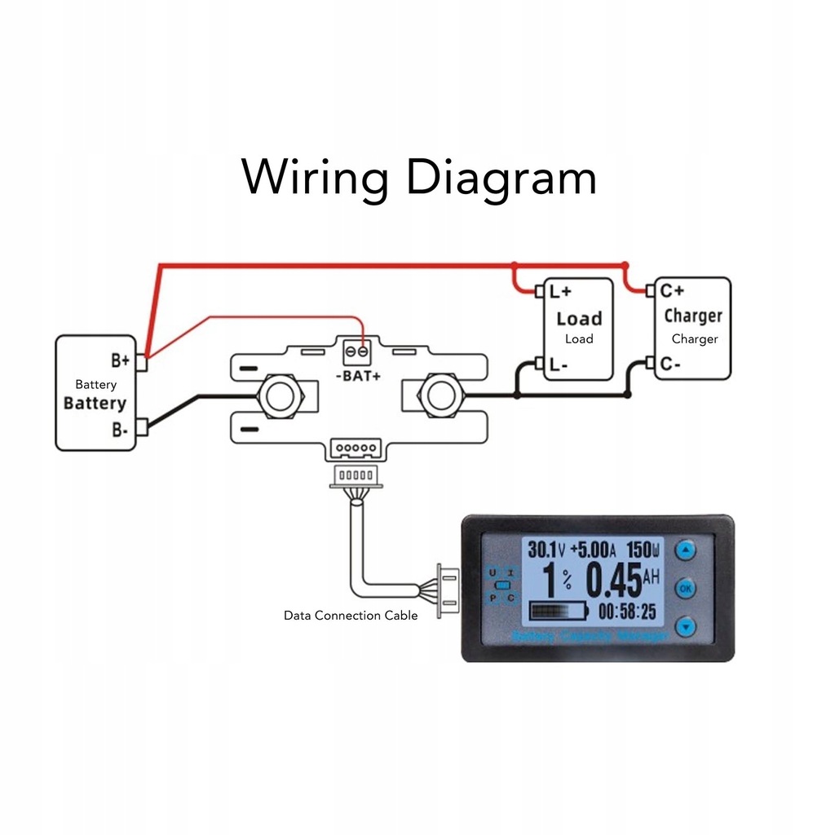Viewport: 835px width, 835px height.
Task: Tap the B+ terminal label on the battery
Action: click(x=120, y=360)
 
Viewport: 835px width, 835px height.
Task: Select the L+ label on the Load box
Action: click(x=560, y=291)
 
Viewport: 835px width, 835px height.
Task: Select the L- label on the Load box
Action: click(x=559, y=365)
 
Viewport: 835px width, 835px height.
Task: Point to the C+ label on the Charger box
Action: click(x=673, y=290)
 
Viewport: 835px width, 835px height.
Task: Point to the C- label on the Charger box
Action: click(x=671, y=364)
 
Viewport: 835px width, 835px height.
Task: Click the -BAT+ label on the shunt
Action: click(x=358, y=376)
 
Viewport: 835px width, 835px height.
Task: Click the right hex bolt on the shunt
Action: click(x=441, y=395)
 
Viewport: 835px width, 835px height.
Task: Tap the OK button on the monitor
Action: click(x=686, y=588)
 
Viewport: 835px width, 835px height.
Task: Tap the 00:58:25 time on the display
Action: click(x=627, y=612)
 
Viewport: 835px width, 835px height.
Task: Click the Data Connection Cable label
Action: click(x=351, y=616)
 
